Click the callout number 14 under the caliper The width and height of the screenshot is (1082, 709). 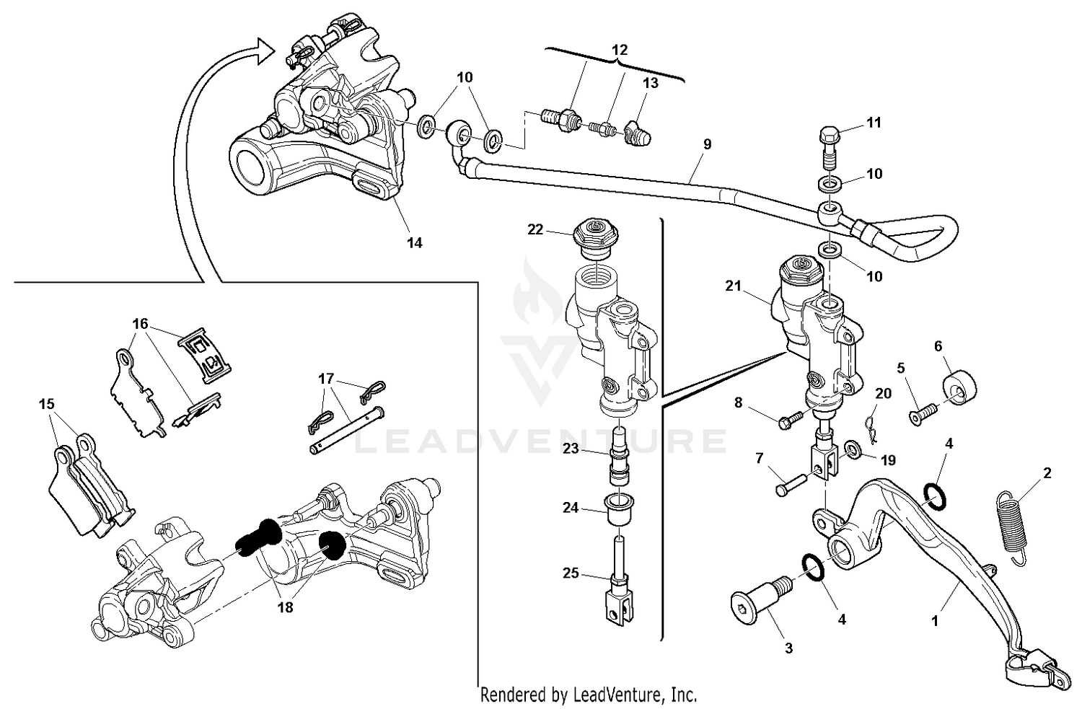pyautogui.click(x=414, y=243)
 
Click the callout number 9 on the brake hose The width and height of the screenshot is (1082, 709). pyautogui.click(x=707, y=144)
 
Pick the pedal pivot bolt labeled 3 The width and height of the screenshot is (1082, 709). pyautogui.click(x=755, y=605)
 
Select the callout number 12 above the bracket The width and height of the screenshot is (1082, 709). pyautogui.click(x=620, y=50)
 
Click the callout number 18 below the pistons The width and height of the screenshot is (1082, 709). pyautogui.click(x=285, y=607)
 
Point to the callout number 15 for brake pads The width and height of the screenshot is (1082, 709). pyautogui.click(x=47, y=405)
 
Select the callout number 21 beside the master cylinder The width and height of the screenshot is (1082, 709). pyautogui.click(x=734, y=286)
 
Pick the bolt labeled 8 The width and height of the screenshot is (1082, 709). pyautogui.click(x=789, y=420)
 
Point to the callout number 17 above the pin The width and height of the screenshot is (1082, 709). pyautogui.click(x=325, y=378)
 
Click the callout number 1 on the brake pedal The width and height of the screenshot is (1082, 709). pyautogui.click(x=935, y=620)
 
